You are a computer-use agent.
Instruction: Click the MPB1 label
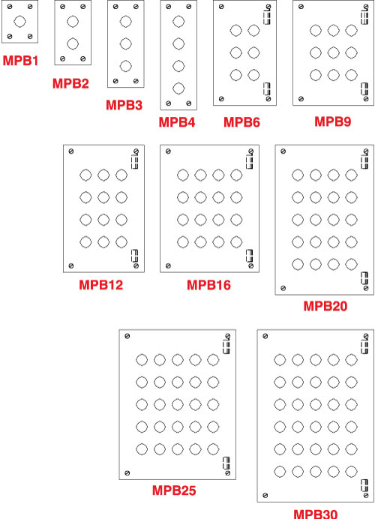[20, 61]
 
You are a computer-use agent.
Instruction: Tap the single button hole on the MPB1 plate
[19, 22]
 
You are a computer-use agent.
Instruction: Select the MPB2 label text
[70, 83]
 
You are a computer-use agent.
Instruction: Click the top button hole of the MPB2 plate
[73, 22]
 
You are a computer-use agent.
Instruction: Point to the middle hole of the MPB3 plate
[126, 43]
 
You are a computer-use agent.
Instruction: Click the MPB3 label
[124, 105]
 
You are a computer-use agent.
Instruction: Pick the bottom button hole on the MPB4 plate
[178, 88]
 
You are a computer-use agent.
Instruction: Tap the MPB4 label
[177, 122]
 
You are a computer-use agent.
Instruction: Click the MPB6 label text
[242, 122]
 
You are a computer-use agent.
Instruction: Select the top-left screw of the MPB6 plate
[221, 7]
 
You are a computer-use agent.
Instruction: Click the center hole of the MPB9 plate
[333, 52]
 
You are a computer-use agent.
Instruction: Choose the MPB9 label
[333, 121]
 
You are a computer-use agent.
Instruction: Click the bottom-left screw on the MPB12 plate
[70, 265]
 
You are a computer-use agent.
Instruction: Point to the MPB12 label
[101, 285]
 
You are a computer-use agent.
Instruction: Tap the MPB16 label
[208, 285]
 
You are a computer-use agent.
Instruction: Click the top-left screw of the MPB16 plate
[168, 151]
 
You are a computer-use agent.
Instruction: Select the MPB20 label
[325, 306]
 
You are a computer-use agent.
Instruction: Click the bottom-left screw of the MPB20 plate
[283, 288]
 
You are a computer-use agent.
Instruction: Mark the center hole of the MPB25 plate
[178, 404]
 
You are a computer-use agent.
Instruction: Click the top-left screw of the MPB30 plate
[265, 336]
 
